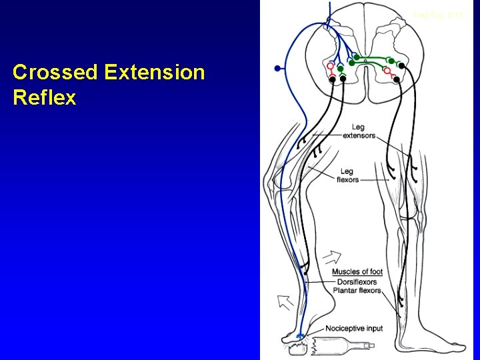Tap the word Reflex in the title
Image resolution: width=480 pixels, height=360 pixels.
point(44,98)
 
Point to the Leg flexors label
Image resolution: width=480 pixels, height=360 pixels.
point(348,175)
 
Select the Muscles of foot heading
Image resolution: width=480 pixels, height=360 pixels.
point(357,271)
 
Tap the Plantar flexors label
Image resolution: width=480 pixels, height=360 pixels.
point(358,291)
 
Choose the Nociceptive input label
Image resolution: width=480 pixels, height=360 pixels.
point(354,329)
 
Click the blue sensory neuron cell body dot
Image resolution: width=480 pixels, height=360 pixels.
point(277,68)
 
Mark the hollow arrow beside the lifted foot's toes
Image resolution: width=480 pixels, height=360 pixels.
point(285,302)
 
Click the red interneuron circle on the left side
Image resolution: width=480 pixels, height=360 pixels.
point(331,67)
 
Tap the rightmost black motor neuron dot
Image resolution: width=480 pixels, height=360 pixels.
point(402,66)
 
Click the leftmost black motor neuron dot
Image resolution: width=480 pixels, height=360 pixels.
point(333,79)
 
